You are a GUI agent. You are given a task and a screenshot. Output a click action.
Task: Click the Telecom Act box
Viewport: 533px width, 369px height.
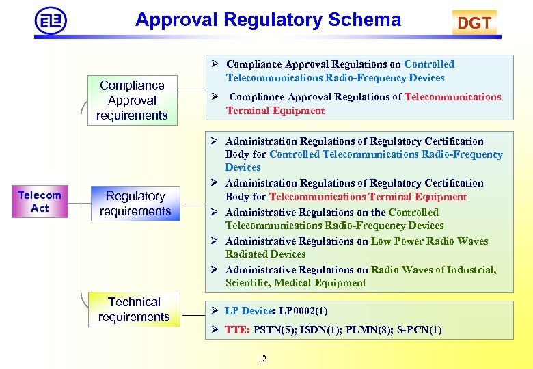click(x=40, y=202)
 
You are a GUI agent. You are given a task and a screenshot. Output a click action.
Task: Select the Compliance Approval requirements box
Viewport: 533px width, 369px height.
click(x=132, y=100)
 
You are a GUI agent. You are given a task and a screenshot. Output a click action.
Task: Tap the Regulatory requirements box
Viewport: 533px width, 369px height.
click(x=135, y=204)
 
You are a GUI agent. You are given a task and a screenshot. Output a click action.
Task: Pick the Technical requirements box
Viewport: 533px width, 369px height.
click(x=134, y=310)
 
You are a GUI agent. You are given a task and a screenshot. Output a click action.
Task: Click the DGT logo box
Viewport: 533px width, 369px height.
click(x=474, y=23)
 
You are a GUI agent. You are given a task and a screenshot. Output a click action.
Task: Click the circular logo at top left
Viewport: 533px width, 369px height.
click(x=51, y=20)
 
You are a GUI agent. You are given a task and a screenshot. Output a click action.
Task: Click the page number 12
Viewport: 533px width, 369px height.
click(x=262, y=359)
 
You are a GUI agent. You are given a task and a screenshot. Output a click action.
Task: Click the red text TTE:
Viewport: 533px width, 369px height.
click(x=237, y=330)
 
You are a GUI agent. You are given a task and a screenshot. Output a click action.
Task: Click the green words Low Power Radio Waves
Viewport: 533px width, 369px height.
click(x=430, y=241)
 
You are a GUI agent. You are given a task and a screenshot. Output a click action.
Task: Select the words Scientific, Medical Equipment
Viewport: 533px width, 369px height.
click(x=296, y=283)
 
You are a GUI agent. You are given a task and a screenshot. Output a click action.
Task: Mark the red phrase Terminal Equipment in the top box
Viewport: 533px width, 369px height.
click(x=275, y=111)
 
